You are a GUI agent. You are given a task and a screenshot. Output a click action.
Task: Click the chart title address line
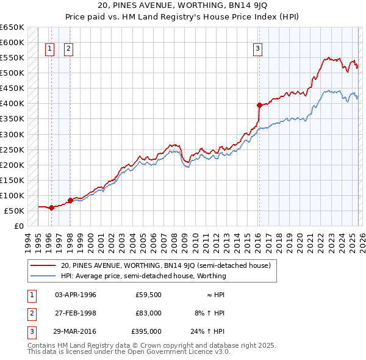coord(183,5)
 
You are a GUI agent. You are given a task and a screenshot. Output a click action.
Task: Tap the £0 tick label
coord(18,226)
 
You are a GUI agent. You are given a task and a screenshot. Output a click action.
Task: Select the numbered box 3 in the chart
coord(258,49)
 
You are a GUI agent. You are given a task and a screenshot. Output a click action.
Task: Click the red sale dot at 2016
coord(259,105)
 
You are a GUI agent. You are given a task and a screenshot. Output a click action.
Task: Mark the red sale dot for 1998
coord(70,200)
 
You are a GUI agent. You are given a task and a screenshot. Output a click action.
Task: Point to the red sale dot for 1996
coord(51,207)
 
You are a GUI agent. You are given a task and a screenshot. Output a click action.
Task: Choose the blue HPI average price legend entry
coord(143,276)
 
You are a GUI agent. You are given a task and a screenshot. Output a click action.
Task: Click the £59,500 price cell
coord(148,295)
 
